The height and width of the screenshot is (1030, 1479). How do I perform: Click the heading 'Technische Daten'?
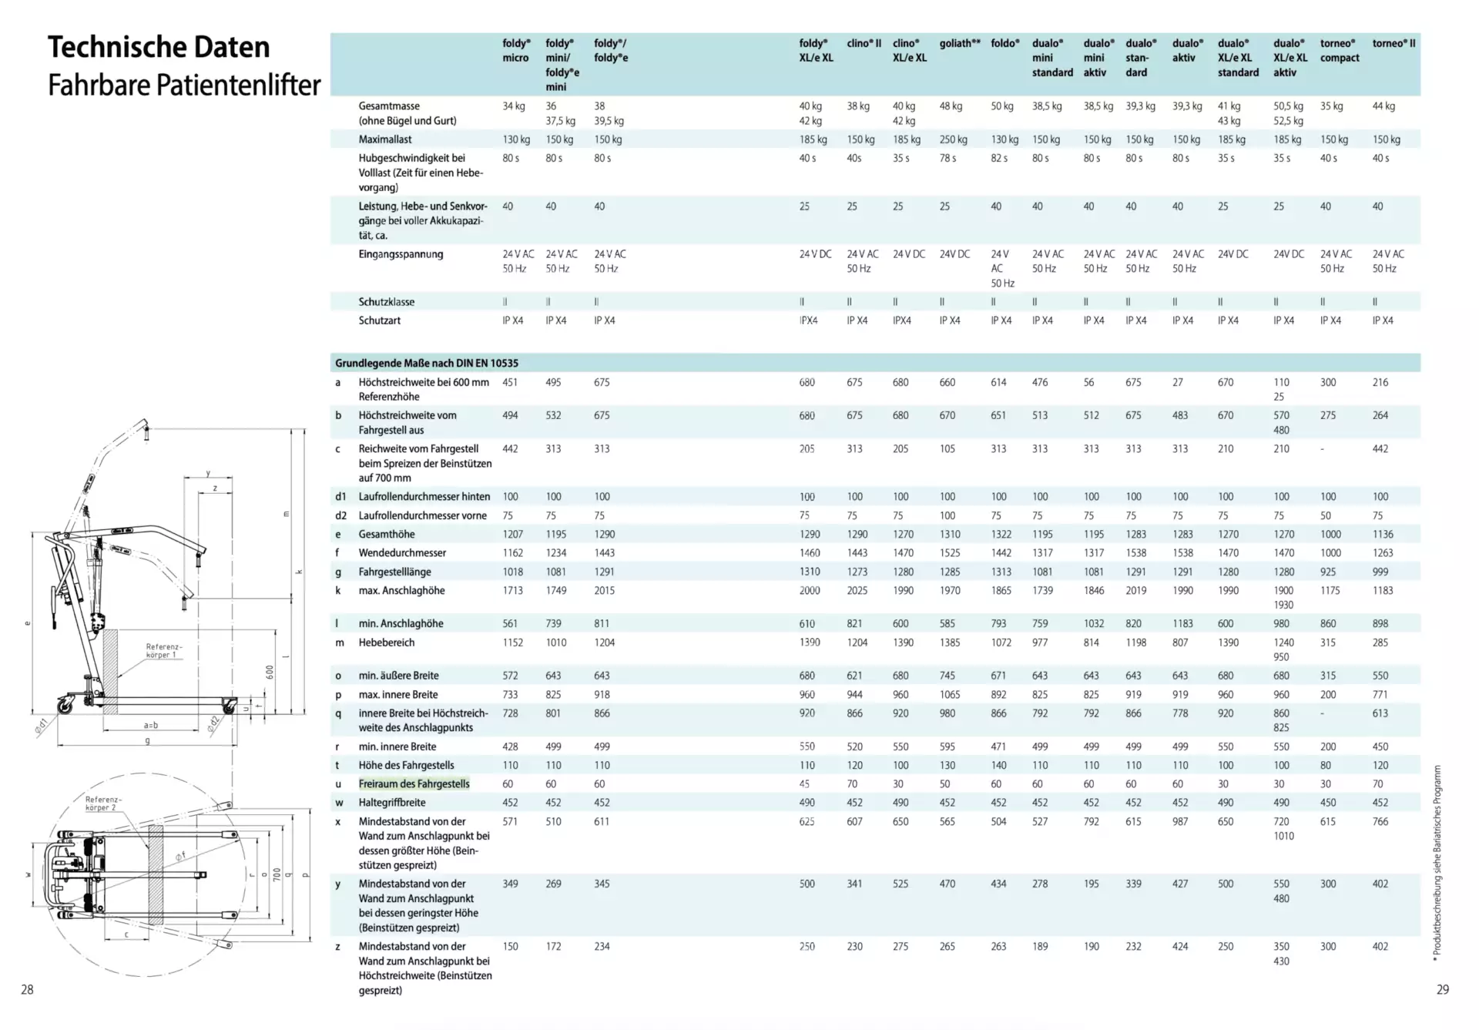159,47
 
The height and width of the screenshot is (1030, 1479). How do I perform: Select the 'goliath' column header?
959,43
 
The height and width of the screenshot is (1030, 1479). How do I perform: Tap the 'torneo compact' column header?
1340,50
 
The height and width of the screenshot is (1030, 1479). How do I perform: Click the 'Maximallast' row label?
384,139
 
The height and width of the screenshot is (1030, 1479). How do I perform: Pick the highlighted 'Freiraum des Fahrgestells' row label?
414,783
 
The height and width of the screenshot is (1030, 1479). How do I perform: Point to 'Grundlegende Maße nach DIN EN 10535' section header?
426,363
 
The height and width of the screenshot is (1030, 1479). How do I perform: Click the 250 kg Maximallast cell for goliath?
953,139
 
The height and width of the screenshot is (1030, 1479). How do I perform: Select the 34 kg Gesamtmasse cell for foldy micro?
513,106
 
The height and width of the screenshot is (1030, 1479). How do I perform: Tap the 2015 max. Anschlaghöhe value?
604,590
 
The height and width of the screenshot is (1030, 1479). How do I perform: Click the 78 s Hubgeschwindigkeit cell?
947,158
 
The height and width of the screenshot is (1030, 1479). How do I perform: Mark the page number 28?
27,989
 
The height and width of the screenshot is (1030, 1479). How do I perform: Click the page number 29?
1443,989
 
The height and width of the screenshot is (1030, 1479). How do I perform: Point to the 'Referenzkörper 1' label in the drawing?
163,650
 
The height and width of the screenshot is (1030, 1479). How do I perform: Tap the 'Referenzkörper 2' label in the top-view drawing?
102,804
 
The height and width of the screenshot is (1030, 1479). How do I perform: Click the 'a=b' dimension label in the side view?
151,725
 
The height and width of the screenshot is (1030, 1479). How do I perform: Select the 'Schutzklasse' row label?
386,302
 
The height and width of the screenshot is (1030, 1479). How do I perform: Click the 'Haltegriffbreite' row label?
391,802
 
